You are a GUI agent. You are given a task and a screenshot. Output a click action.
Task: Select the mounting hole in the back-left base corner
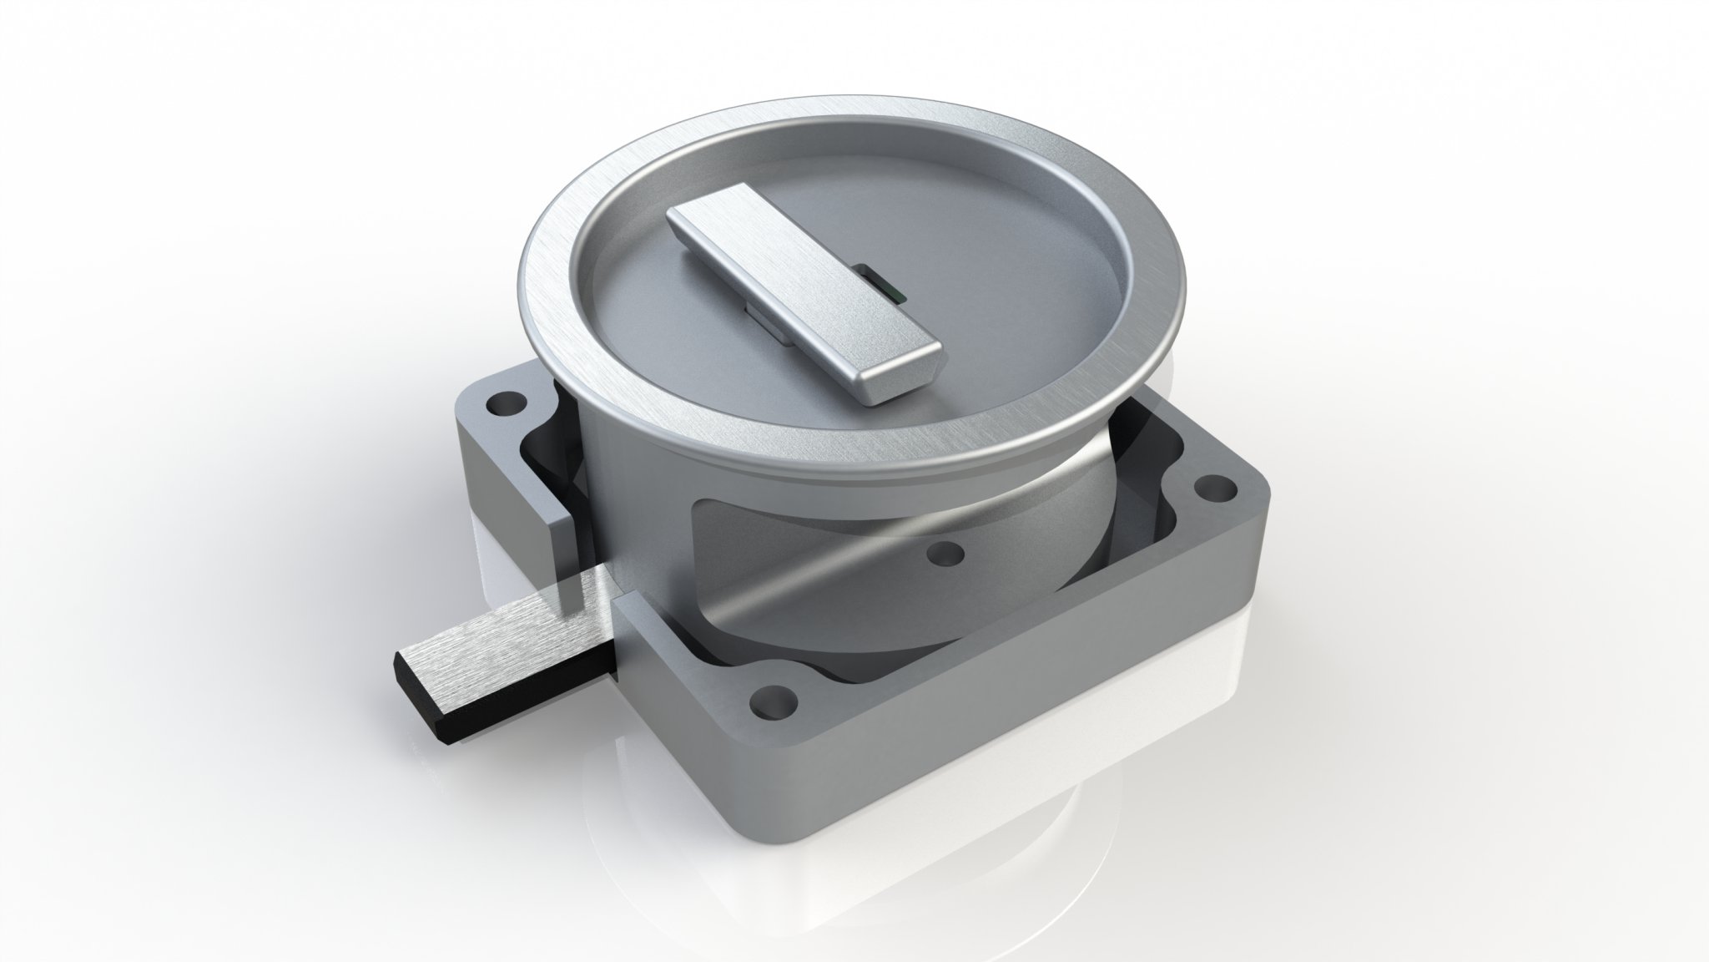click(x=503, y=406)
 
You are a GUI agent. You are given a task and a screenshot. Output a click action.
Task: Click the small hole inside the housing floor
click(x=944, y=554)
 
